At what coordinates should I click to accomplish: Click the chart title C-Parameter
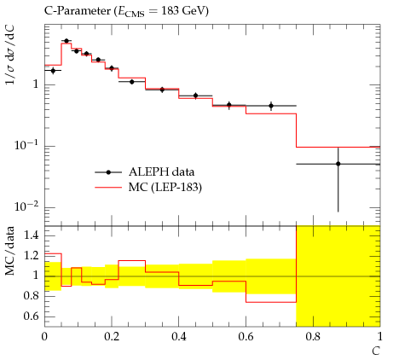(x=78, y=11)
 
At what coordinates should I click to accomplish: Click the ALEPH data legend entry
(x=161, y=172)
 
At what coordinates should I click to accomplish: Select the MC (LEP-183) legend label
(x=165, y=188)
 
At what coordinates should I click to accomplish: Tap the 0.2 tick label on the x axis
(x=112, y=337)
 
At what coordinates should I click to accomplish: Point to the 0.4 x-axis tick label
(x=179, y=337)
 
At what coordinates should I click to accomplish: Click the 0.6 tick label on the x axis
(x=246, y=337)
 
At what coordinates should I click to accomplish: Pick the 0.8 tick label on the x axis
(x=313, y=337)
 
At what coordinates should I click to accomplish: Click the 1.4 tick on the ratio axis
(x=31, y=235)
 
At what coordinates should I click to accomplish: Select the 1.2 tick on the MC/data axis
(x=31, y=256)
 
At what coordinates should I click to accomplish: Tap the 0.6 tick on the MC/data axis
(x=31, y=316)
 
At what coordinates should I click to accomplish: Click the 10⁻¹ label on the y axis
(x=26, y=145)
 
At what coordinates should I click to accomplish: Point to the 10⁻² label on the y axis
(x=26, y=206)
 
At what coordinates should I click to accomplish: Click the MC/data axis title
(x=9, y=251)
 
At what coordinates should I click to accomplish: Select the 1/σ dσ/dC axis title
(x=10, y=55)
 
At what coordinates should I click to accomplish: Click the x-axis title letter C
(x=376, y=351)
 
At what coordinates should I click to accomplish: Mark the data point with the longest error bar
(x=338, y=164)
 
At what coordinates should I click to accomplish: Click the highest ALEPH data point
(x=66, y=41)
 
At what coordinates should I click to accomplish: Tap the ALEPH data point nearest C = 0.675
(x=271, y=106)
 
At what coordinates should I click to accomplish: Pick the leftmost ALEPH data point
(x=53, y=71)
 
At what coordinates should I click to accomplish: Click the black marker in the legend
(x=108, y=172)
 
